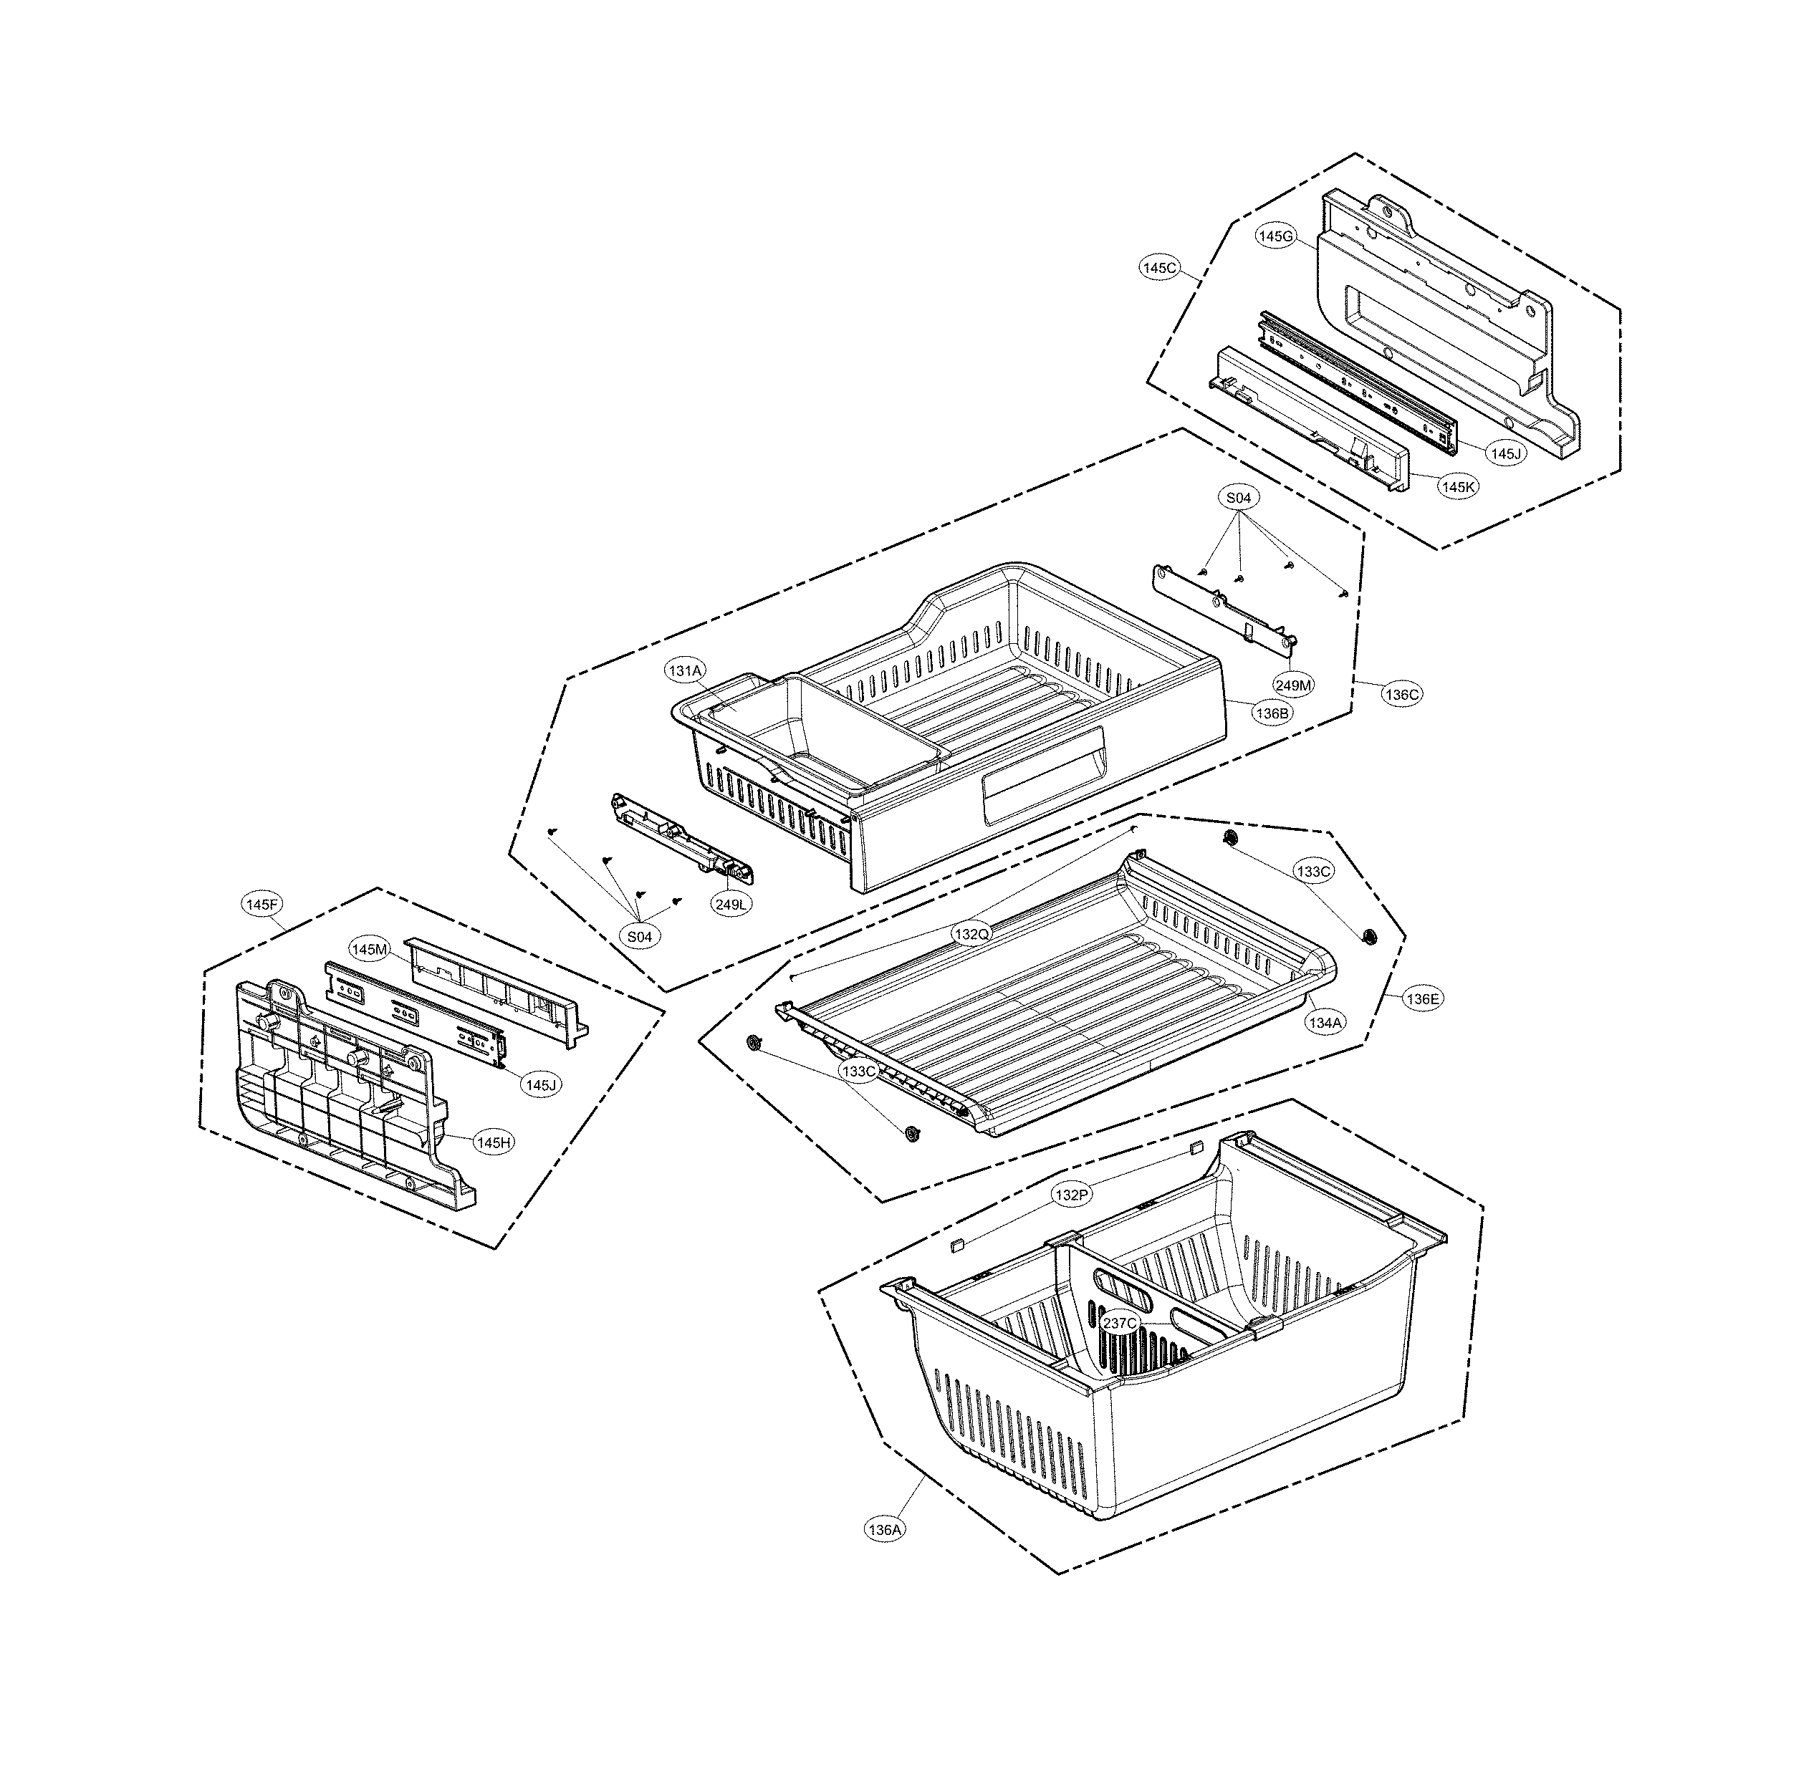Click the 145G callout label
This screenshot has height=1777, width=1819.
coord(1274,237)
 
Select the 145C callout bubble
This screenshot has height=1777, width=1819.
coord(1159,268)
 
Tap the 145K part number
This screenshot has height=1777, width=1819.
coord(1458,486)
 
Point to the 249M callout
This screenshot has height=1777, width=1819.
coord(1294,685)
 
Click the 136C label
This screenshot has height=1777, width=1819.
coord(1402,694)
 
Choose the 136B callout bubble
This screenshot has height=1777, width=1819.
coord(1272,713)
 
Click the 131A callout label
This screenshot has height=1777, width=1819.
coord(685,670)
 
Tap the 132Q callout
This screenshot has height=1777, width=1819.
coord(971,933)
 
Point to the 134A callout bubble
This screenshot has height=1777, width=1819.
coord(1325,1022)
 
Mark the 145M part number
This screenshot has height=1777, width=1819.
coord(369,949)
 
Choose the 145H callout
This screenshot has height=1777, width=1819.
coord(493,1142)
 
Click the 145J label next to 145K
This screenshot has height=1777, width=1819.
coord(1505,453)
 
